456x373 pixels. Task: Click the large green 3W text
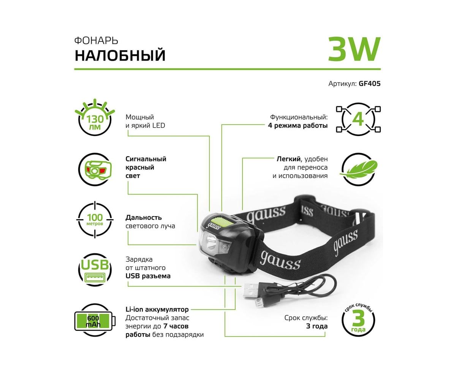click(354, 49)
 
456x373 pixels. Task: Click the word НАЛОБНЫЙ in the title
click(120, 55)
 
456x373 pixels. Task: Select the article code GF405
click(369, 84)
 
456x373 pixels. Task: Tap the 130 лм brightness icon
click(95, 117)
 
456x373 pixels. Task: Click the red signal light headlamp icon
click(95, 169)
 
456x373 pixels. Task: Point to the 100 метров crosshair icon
click(95, 220)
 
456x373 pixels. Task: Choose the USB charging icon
click(95, 270)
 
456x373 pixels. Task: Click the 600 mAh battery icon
click(95, 321)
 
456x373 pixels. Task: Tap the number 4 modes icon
click(358, 119)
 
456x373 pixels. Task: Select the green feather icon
click(359, 169)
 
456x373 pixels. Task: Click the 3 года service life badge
click(358, 321)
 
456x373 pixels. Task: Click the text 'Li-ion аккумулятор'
click(157, 310)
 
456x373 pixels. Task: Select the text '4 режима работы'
click(298, 126)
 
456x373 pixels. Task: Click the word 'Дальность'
click(144, 217)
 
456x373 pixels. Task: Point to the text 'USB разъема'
click(148, 276)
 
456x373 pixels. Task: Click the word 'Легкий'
click(289, 159)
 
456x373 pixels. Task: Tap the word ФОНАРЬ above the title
click(96, 41)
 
